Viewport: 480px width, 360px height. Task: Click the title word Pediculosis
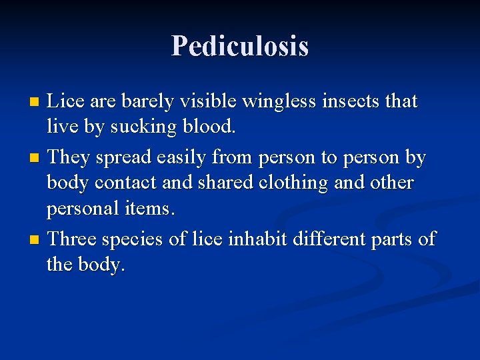[x=240, y=47]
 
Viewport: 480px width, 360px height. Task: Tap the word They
[x=69, y=157]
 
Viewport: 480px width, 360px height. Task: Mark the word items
[x=153, y=209]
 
